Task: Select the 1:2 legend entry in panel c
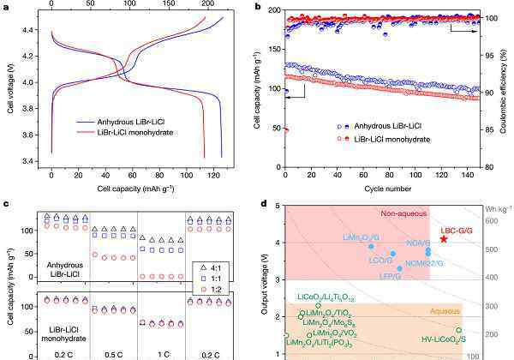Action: click(218, 288)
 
